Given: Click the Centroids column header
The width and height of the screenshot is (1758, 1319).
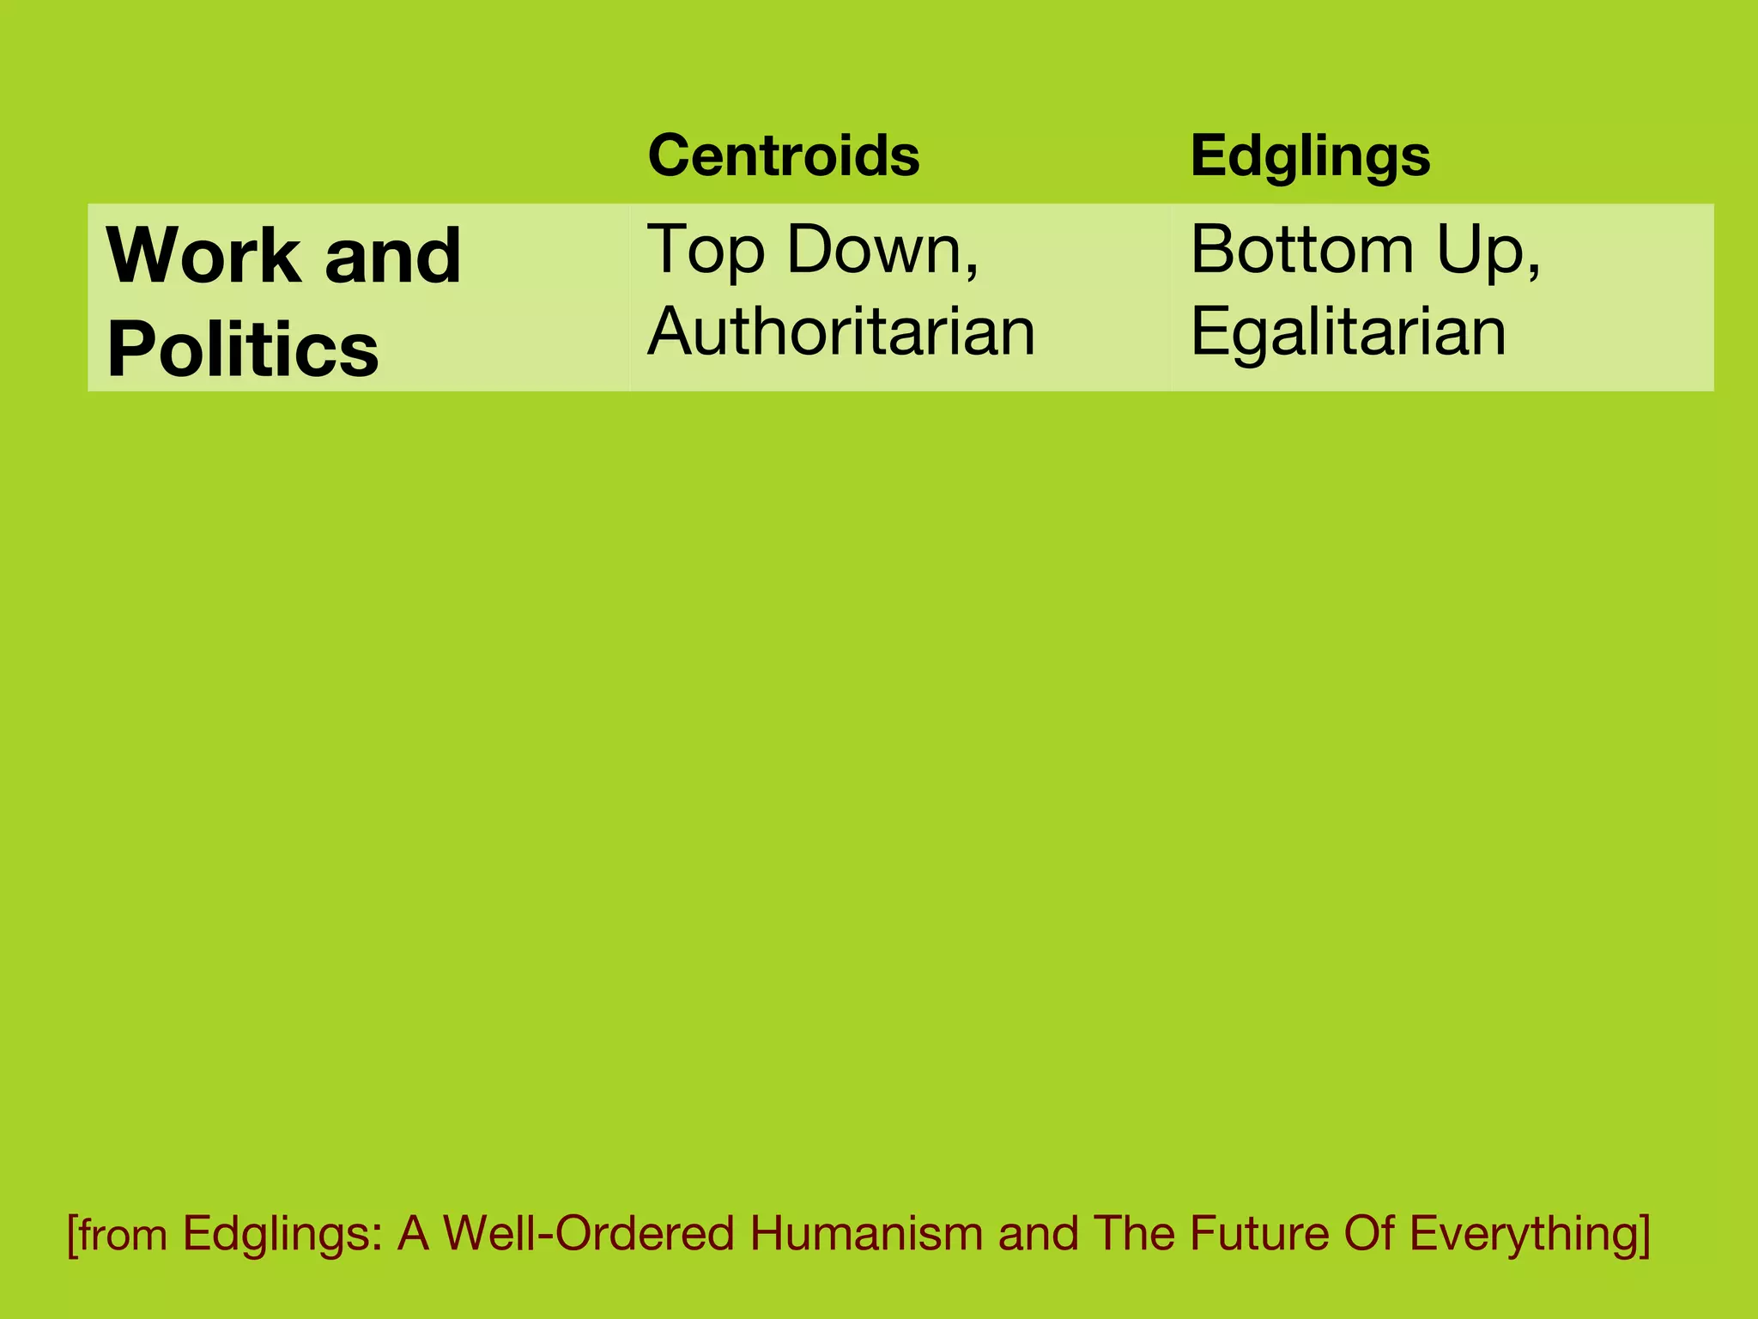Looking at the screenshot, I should point(784,155).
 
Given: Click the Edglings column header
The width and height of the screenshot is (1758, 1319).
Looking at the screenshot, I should point(1310,157).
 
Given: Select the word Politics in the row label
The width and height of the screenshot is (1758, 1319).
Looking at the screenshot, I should point(242,350).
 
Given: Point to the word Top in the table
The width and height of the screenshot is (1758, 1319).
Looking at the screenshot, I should point(705,250).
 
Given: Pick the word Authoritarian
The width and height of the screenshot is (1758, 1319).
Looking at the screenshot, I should point(841,331).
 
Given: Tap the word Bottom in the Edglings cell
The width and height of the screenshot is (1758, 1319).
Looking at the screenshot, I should point(1301,250).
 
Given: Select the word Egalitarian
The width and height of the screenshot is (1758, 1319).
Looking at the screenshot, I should point(1348,331).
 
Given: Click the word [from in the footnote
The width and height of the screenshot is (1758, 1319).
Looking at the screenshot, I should point(118,1234).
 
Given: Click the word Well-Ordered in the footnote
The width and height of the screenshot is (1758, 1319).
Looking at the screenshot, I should point(589,1233).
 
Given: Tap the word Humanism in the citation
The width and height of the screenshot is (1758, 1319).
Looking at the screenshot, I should point(866,1233).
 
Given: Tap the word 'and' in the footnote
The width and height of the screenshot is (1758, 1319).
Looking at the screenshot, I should point(1038,1233).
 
